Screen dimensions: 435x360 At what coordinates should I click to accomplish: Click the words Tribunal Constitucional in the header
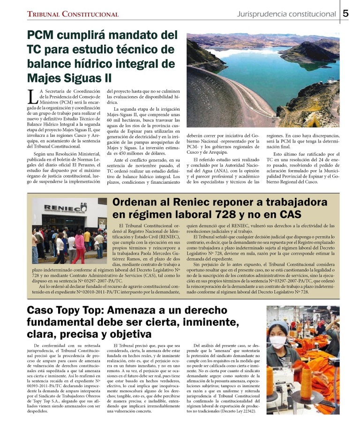pyautogui.click(x=72, y=15)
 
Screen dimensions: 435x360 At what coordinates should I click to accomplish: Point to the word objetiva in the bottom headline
pyautogui.click(x=128, y=334)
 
